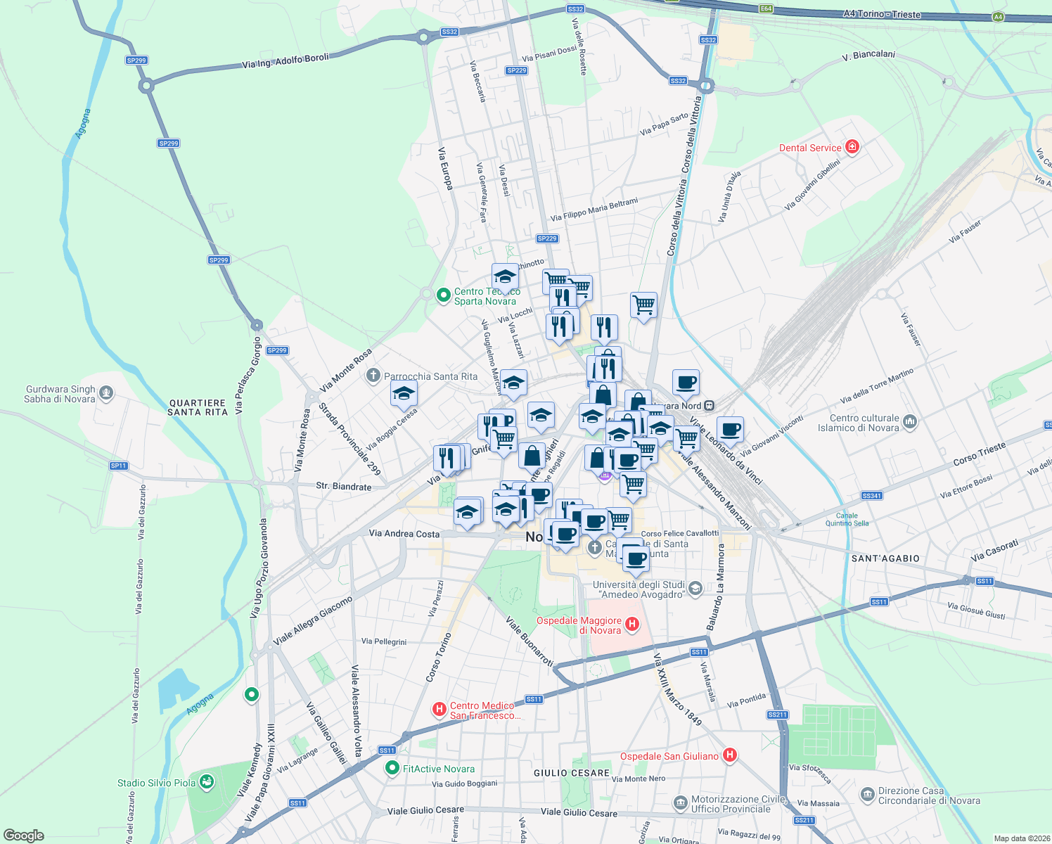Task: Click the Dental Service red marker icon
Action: point(852,147)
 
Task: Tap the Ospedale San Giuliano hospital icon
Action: point(730,755)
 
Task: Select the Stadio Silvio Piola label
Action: point(156,783)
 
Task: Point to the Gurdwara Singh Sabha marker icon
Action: point(106,392)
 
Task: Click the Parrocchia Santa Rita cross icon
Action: point(373,376)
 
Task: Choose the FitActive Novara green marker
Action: point(392,769)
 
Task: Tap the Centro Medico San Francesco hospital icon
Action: point(440,709)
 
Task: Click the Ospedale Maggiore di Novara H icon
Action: point(632,624)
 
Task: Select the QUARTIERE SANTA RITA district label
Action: point(198,408)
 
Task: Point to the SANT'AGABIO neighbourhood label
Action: point(885,558)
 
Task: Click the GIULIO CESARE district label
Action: point(572,773)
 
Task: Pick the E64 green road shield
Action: point(766,9)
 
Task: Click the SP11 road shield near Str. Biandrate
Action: point(119,466)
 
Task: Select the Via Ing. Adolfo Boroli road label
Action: point(285,61)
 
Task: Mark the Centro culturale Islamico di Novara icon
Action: point(911,422)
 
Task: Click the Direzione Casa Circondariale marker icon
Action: point(867,795)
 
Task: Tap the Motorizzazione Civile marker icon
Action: point(680,803)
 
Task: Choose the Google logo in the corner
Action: point(24,835)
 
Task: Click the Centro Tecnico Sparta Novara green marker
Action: point(443,295)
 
